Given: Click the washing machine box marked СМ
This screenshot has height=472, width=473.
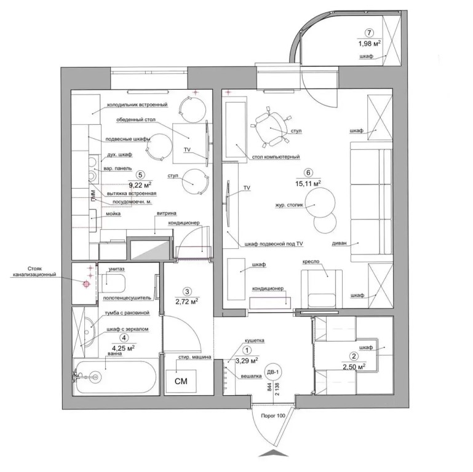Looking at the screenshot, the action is (x=181, y=381).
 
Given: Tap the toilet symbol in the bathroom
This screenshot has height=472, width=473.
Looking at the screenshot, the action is (x=114, y=283).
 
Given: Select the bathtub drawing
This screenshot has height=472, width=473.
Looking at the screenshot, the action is (x=116, y=377).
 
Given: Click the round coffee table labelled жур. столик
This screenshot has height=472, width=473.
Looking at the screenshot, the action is (x=320, y=202).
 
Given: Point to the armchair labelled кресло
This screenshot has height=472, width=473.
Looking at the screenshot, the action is (x=322, y=289).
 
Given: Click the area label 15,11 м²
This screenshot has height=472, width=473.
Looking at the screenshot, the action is (x=308, y=183).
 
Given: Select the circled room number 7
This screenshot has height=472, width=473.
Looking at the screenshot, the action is (x=369, y=33).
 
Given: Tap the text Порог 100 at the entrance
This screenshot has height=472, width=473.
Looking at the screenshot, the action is (x=272, y=415).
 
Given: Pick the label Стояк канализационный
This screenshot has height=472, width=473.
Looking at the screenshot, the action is (x=33, y=271).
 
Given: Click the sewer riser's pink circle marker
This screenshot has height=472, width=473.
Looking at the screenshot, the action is (x=86, y=283).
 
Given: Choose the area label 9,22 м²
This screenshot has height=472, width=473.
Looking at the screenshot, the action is (x=140, y=184).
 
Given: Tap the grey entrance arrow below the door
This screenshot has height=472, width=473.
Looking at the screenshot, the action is (x=273, y=454).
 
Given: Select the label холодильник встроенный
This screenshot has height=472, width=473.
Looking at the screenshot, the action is (x=137, y=105).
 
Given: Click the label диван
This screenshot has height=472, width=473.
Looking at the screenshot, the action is (x=339, y=243).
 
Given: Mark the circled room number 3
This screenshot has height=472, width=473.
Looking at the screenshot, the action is (x=188, y=291).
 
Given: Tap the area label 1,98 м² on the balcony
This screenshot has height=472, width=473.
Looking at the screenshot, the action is (x=369, y=44).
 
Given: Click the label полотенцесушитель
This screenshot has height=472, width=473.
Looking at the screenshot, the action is (x=127, y=298).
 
